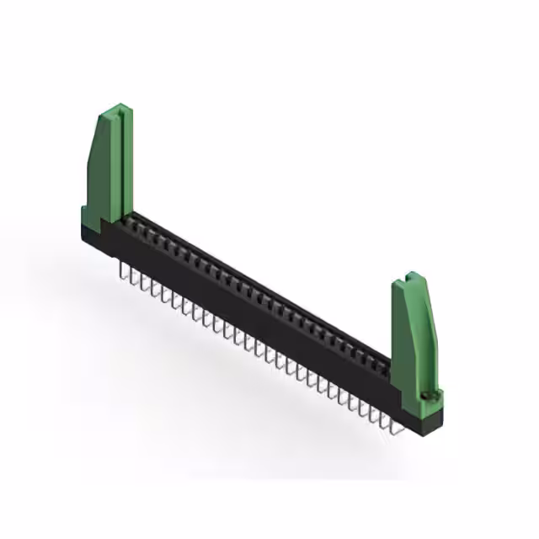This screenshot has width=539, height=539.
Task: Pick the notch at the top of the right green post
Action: pyautogui.click(x=409, y=276)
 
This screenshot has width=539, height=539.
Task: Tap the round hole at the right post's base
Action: pyautogui.click(x=430, y=393)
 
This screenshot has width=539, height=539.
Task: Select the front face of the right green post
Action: pyautogui.click(x=408, y=345)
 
